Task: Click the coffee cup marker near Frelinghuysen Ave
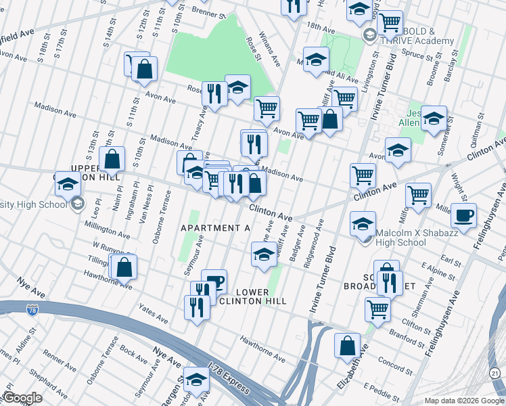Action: [463, 216]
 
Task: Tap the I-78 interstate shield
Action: [32, 310]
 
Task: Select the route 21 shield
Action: [495, 374]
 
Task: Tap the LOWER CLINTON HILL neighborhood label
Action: [262, 295]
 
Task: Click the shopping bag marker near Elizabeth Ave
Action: [347, 345]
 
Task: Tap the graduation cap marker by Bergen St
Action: [197, 380]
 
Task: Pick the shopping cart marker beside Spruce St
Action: [390, 23]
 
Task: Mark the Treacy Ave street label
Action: [197, 126]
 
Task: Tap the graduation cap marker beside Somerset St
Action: [434, 118]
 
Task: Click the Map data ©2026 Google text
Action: [464, 401]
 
